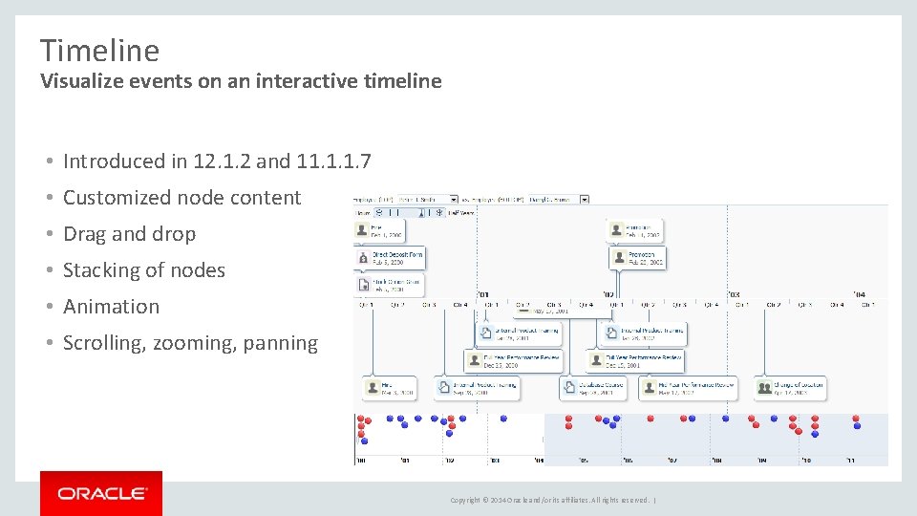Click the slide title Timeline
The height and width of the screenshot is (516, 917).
[x=99, y=50]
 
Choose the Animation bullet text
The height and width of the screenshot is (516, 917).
[x=111, y=307]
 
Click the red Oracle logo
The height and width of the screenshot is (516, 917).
[x=101, y=493]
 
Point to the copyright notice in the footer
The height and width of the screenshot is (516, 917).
[x=550, y=500]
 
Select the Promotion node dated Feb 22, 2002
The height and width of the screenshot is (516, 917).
[x=637, y=257]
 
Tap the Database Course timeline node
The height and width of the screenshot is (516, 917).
[x=592, y=388]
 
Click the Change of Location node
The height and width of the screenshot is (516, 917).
[x=789, y=388]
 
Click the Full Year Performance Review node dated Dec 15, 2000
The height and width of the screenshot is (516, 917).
[x=514, y=360]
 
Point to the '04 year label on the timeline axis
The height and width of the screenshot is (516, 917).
[x=860, y=293]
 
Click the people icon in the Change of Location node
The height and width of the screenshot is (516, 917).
[x=764, y=388]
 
